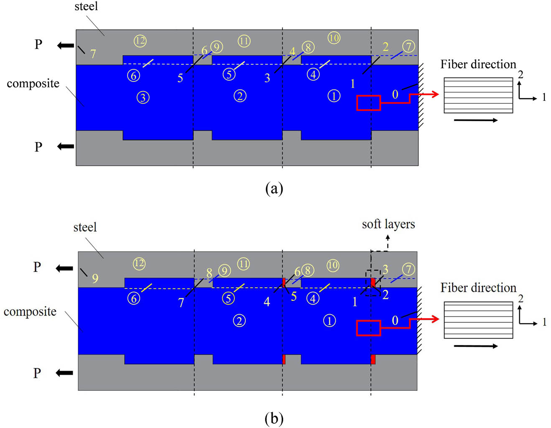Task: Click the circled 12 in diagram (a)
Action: pos(140,41)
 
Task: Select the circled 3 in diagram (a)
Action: pos(143,97)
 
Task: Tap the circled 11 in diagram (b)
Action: pos(243,264)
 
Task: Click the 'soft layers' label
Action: pos(388,224)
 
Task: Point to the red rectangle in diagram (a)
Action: pos(368,103)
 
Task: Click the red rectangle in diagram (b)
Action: pos(368,328)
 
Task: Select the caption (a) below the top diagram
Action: pos(274,189)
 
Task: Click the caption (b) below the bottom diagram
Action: pos(274,418)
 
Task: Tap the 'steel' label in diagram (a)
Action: pos(86,7)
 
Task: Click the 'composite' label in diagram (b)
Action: pos(30,312)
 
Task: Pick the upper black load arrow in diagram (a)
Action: pos(66,45)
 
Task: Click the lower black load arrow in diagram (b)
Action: pos(65,372)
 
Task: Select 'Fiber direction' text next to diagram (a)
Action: pos(478,64)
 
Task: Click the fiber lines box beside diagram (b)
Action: pos(478,320)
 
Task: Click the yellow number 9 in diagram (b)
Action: pos(95,278)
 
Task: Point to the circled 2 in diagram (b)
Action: pos(239,321)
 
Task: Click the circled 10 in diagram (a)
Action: pos(334,38)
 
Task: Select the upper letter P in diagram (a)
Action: pos(38,44)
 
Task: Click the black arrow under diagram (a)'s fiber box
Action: pos(476,120)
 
